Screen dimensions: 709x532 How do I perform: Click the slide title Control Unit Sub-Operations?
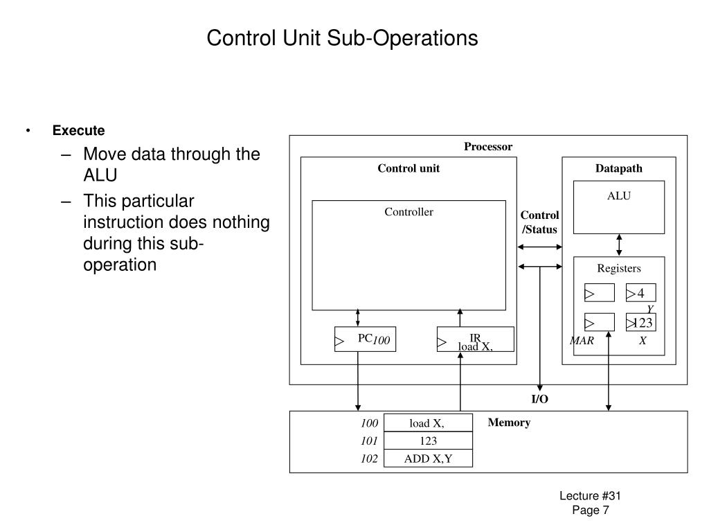tap(342, 38)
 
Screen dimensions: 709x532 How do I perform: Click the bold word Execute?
tap(79, 130)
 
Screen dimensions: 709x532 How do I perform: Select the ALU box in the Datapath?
tap(618, 207)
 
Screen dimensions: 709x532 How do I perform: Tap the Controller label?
tap(409, 212)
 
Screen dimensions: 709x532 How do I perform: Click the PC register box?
tap(365, 339)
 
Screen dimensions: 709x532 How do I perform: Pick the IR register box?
tap(475, 339)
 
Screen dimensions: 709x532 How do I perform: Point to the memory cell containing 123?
tap(428, 441)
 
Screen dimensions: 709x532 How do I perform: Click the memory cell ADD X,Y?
tap(428, 459)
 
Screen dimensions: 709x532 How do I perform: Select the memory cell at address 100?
tap(428, 423)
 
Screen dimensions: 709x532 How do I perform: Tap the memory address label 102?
tap(369, 459)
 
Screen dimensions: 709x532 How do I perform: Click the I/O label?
tap(539, 399)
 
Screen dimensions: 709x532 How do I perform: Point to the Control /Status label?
tap(539, 222)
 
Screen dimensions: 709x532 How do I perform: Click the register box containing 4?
tap(640, 293)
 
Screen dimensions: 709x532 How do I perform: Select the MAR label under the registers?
tap(582, 341)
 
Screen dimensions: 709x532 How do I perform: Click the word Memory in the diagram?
tap(509, 423)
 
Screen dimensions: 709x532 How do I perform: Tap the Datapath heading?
tap(618, 168)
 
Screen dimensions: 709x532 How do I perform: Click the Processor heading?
tap(488, 147)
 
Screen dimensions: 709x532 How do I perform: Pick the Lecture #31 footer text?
tap(590, 496)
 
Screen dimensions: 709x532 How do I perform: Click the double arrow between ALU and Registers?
tap(619, 245)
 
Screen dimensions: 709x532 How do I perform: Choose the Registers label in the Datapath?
tap(618, 268)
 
